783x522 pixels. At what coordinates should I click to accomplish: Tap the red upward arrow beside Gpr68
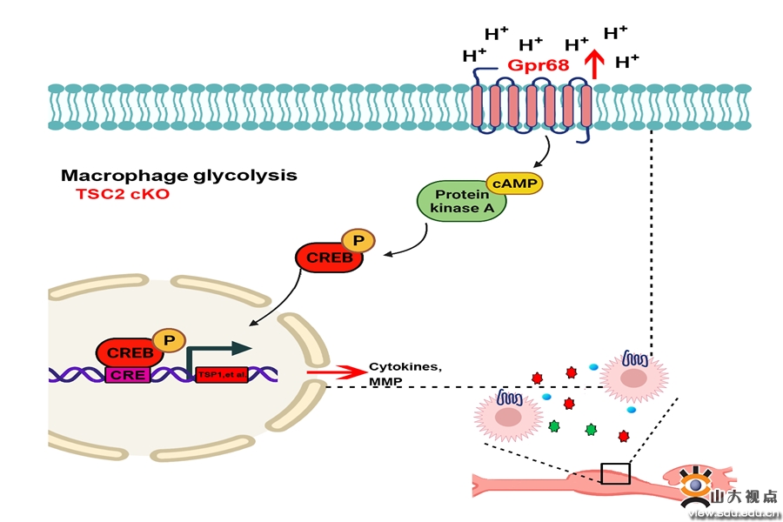click(x=596, y=64)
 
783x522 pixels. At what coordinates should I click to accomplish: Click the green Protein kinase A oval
click(x=462, y=202)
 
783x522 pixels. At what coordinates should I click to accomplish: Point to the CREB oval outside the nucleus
click(x=329, y=258)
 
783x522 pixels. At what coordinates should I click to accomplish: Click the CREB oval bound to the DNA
click(x=130, y=353)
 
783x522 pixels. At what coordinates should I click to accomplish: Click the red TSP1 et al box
click(x=221, y=375)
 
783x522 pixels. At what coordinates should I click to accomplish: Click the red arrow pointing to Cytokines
click(x=334, y=373)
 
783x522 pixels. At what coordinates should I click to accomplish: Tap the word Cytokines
click(x=405, y=366)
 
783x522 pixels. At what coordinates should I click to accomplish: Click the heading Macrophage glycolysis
click(x=178, y=175)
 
